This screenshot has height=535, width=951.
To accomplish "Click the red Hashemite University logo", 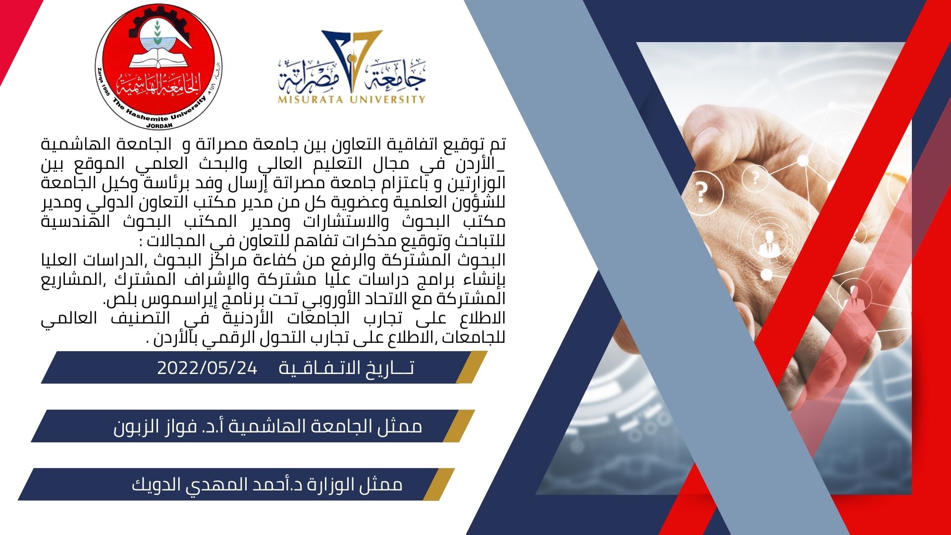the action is [x=158, y=67].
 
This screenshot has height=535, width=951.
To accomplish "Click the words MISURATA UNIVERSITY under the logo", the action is [x=352, y=99].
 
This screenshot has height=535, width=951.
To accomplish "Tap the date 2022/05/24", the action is [x=207, y=368].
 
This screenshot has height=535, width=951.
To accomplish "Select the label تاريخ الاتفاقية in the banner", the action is [x=346, y=368].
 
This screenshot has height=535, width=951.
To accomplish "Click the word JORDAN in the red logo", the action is [x=159, y=125].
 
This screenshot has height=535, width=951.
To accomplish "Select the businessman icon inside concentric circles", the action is [x=769, y=243].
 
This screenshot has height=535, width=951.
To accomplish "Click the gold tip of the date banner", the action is [x=472, y=367].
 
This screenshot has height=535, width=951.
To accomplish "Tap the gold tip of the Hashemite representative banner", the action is [x=459, y=426].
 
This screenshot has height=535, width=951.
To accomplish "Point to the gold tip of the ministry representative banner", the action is [x=439, y=484].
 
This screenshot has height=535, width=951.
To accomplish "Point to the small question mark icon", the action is [x=755, y=177].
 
